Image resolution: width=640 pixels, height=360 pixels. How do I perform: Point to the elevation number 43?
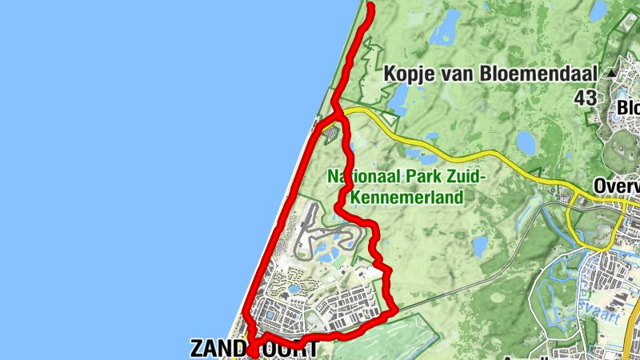tap(586, 98)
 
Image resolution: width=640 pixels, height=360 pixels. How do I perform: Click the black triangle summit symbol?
tap(612, 73)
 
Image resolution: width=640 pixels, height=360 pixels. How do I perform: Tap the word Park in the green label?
tap(426, 175)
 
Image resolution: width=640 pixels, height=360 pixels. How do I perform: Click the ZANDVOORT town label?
tap(254, 348)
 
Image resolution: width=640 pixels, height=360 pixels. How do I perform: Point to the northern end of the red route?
tap(370, 7)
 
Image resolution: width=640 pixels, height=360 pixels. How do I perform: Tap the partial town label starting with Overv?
tap(617, 186)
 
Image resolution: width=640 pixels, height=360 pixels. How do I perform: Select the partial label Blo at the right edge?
tap(628, 108)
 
